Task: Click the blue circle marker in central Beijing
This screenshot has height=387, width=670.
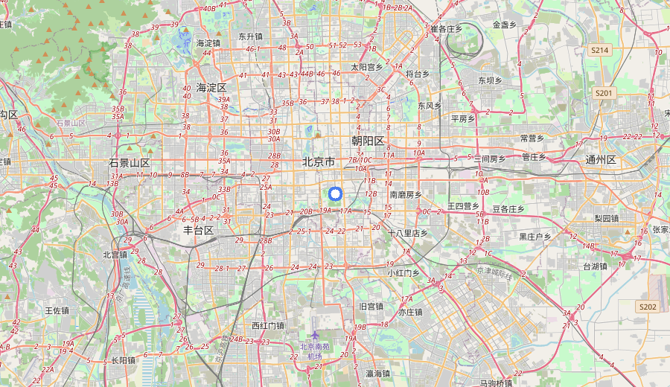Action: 335,194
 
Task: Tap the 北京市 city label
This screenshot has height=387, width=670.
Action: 318,162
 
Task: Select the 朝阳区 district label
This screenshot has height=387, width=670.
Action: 368,141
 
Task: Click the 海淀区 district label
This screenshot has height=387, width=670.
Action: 211,88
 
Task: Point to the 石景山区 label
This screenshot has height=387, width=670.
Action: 130,163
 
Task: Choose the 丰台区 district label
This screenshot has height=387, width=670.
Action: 199,231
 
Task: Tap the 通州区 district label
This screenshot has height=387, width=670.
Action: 601,160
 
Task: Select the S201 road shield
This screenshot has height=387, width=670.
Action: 604,93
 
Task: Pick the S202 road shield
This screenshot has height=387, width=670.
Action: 648,307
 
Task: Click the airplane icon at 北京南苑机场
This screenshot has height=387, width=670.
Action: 315,336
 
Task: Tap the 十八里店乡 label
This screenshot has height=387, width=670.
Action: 408,233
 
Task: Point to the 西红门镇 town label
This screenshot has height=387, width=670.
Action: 268,325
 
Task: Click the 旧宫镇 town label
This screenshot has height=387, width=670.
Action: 371,306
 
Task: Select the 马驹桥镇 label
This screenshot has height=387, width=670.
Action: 496,383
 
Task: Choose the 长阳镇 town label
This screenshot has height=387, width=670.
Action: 124,360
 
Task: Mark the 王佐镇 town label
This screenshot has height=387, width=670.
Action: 57,310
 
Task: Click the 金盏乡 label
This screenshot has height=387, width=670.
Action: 504,25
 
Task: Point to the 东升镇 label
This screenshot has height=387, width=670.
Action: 250,36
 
